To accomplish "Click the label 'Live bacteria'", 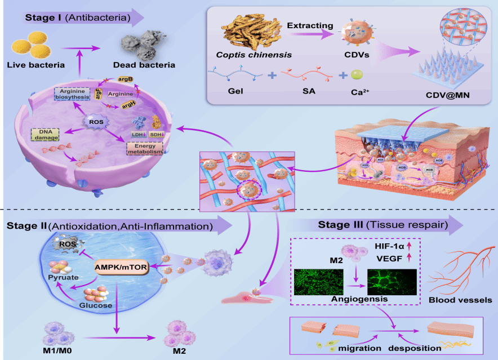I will point(35,65).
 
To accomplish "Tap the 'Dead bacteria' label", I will point(146,65).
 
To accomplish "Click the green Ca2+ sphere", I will point(357,74).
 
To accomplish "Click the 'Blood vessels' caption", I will point(460,300).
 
